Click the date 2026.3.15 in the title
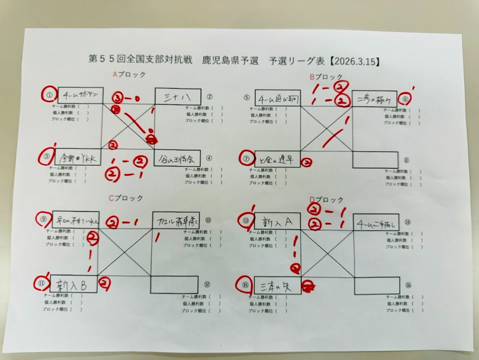[x=357, y=61]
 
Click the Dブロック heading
[x=327, y=200]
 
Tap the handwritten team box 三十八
[x=177, y=96]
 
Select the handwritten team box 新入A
[x=277, y=222]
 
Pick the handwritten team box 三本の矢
[x=277, y=286]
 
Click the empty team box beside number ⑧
[x=375, y=160]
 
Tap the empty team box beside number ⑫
[x=175, y=285]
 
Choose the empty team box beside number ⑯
[x=378, y=287]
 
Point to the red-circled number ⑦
[x=246, y=158]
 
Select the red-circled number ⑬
[x=246, y=220]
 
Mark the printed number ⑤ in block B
[x=246, y=97]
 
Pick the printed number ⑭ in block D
[x=408, y=222]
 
